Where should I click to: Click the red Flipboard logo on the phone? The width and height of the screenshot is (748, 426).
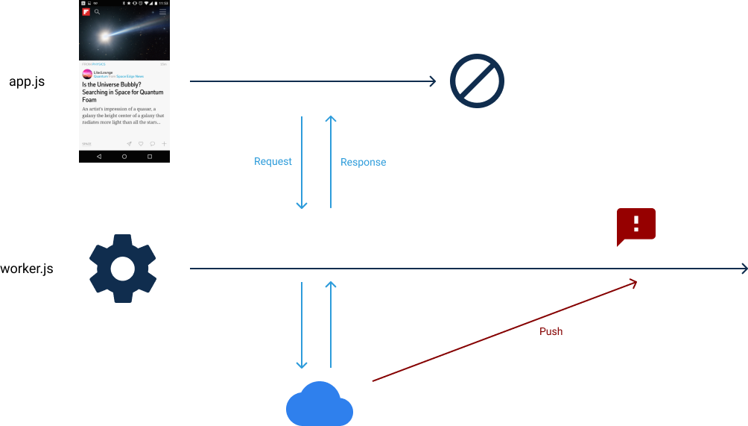[x=86, y=12]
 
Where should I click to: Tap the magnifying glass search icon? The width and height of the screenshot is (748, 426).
[x=97, y=12]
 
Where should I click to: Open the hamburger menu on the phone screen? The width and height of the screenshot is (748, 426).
[x=162, y=12]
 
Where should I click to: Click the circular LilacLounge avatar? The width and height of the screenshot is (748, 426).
[x=86, y=75]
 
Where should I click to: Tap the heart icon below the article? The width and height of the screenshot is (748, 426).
[x=141, y=144]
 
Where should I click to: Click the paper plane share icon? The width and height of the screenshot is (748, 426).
[x=129, y=144]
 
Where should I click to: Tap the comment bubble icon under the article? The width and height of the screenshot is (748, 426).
[x=153, y=144]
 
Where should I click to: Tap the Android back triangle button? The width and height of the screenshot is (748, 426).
[x=99, y=157]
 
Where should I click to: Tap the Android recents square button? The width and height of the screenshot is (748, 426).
[x=150, y=157]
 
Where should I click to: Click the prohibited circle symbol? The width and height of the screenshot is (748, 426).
[x=477, y=81]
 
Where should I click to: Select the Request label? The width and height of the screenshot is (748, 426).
[x=273, y=162]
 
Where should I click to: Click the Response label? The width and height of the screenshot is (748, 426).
[x=363, y=163]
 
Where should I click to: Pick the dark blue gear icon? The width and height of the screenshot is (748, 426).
[x=123, y=269]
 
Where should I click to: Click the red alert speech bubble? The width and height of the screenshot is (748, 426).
[x=636, y=226]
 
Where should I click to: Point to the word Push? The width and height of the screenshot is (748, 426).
[x=551, y=331]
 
